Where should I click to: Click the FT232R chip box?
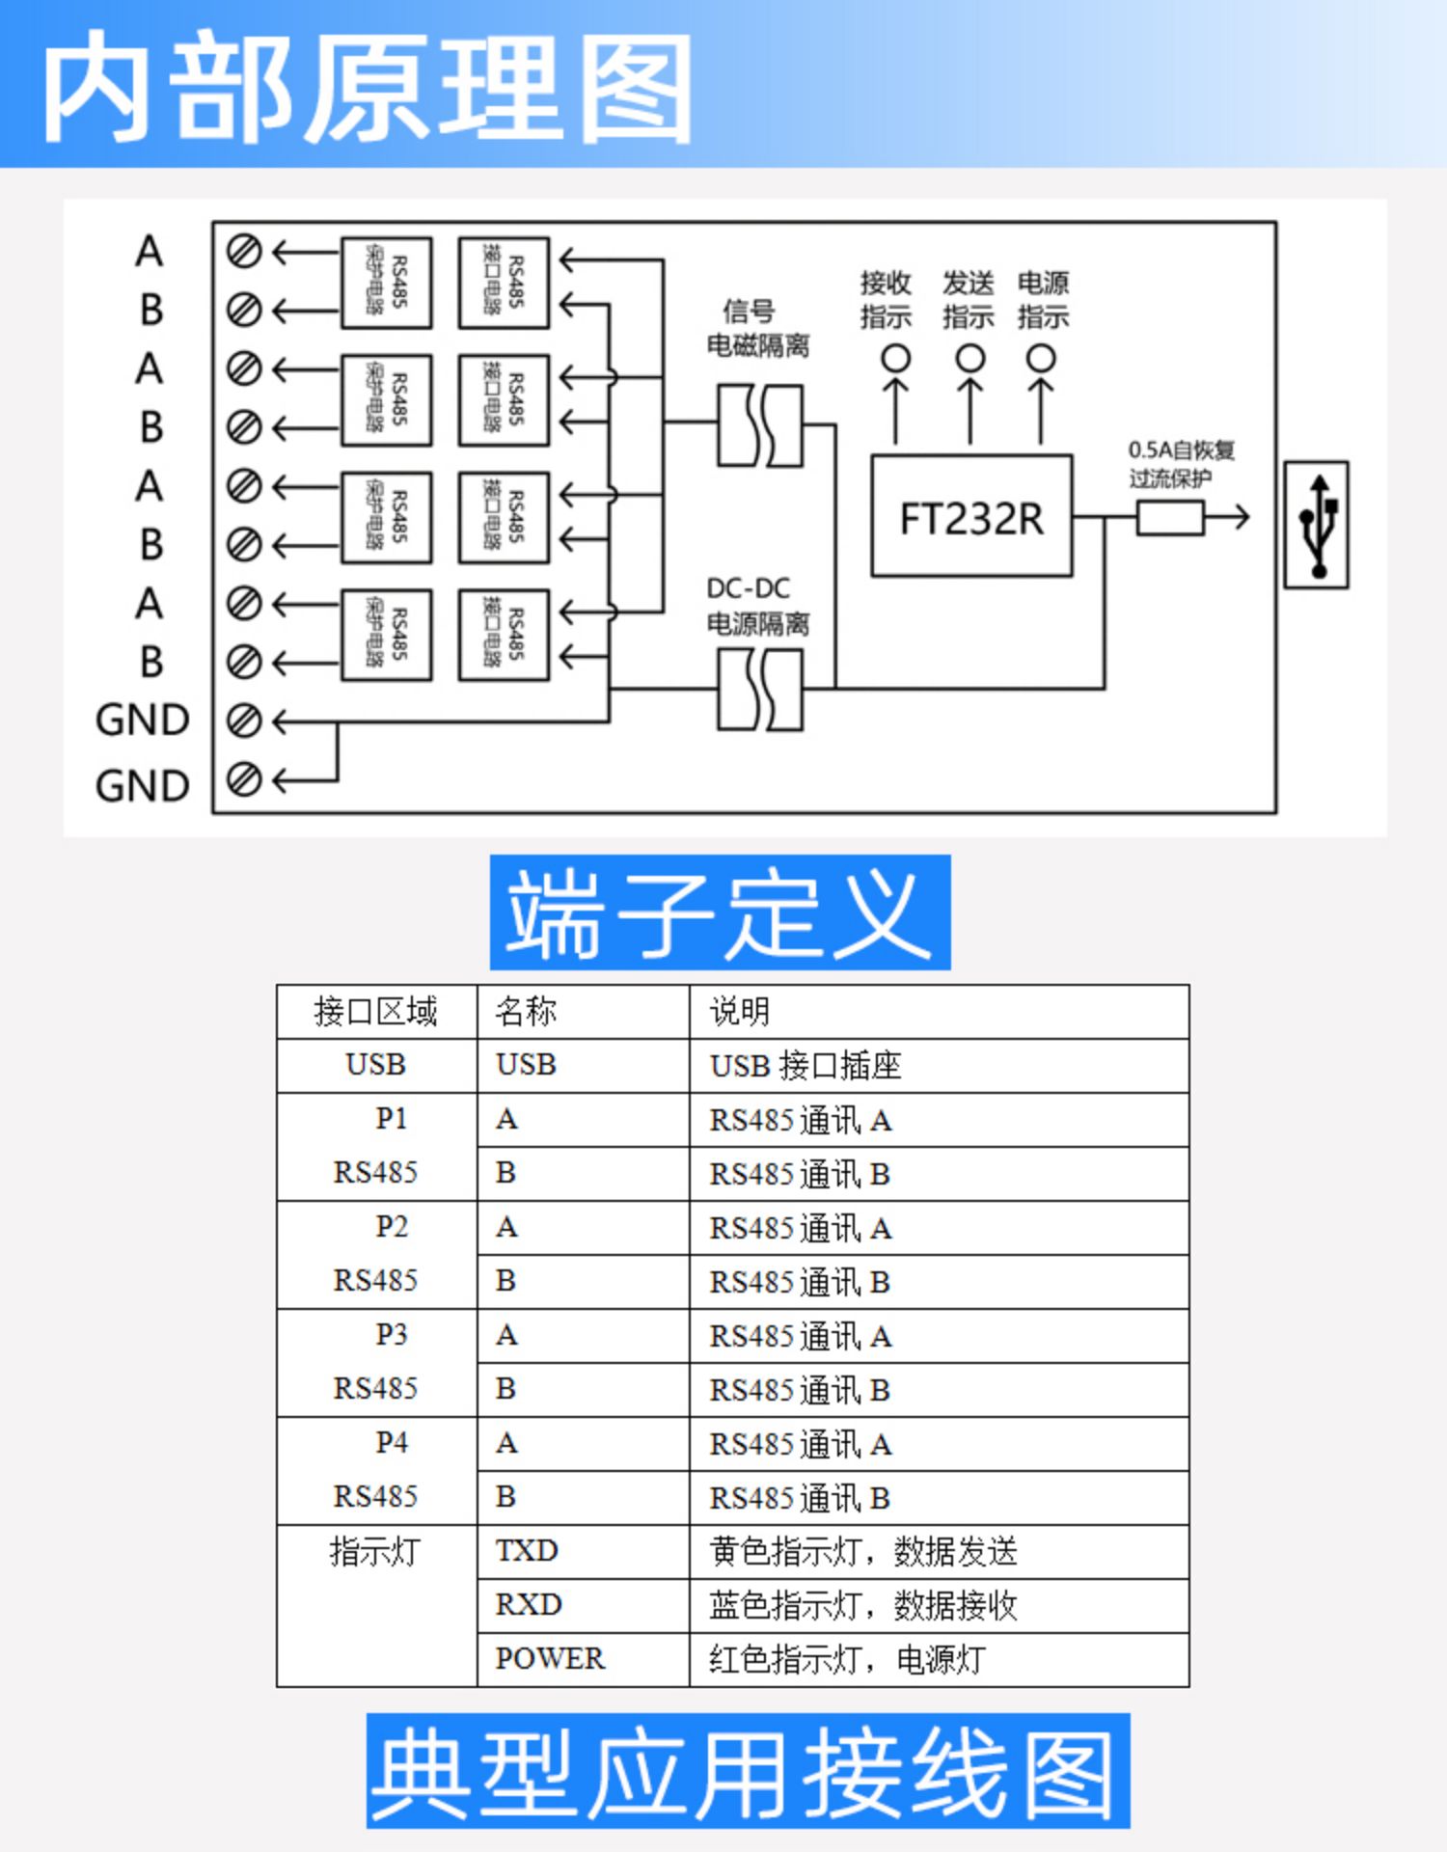point(970,516)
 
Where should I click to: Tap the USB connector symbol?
point(1316,525)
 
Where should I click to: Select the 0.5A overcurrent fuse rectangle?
point(1169,518)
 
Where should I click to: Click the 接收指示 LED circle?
point(895,359)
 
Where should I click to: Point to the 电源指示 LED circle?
point(1040,359)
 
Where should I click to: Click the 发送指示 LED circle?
point(969,359)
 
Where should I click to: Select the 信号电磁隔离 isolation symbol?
point(760,425)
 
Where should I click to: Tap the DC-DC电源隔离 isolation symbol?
point(760,689)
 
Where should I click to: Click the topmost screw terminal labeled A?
point(244,252)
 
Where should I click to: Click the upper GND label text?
point(143,721)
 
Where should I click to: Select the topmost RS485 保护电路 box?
point(386,283)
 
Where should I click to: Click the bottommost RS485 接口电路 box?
point(504,635)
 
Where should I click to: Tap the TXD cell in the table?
point(527,1550)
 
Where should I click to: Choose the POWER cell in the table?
point(550,1658)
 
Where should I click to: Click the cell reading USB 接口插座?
point(805,1065)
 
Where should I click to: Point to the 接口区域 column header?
point(375,1011)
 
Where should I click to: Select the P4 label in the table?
point(392,1442)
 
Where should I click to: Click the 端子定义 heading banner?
point(720,912)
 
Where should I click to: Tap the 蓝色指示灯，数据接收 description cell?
point(863,1605)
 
